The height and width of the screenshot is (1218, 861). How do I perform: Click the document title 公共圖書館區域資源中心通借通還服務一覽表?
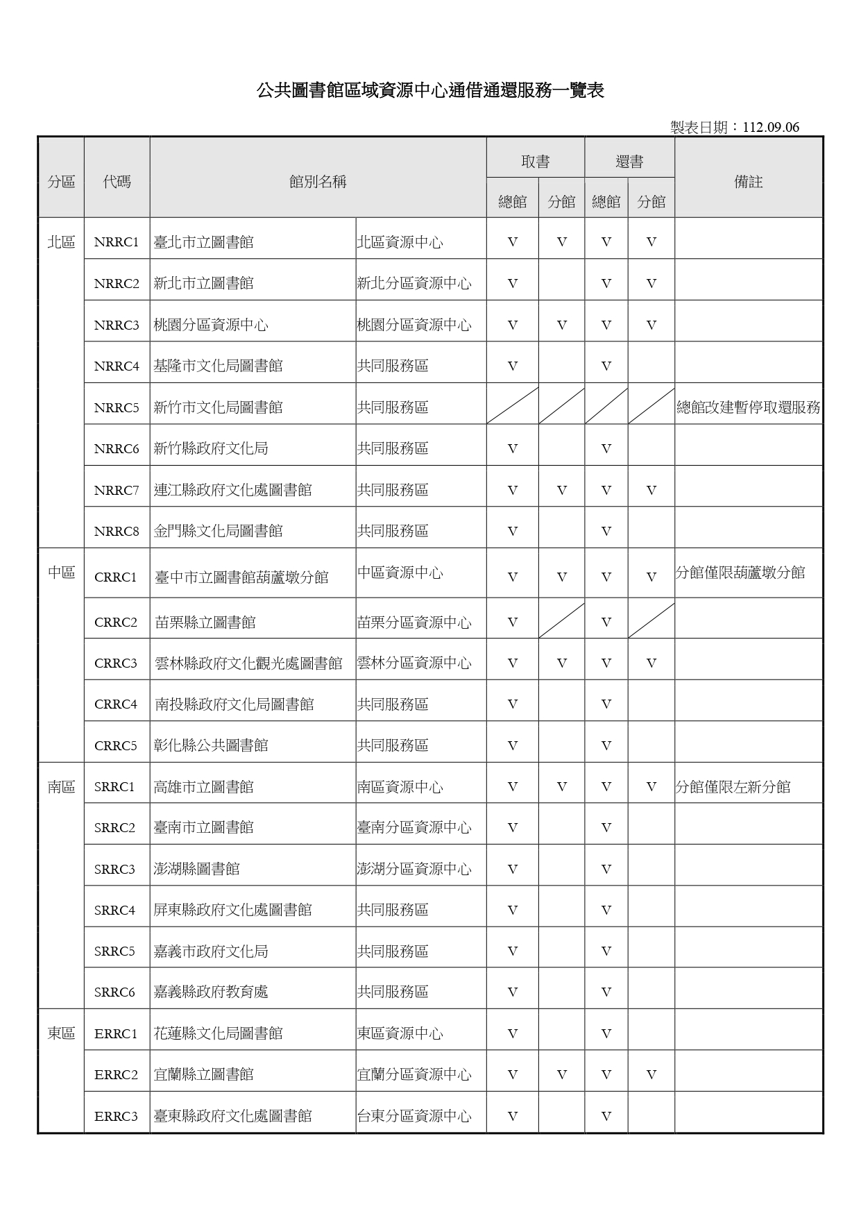click(x=430, y=90)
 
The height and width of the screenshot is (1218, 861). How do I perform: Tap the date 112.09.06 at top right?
click(x=770, y=127)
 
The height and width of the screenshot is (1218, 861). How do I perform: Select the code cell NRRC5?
click(x=117, y=407)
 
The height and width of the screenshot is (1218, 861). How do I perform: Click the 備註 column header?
click(x=748, y=182)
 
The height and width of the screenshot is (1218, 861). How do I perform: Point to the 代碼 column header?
click(x=117, y=182)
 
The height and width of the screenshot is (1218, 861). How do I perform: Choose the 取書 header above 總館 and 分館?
click(x=535, y=162)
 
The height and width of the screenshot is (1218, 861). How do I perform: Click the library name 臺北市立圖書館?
click(x=203, y=242)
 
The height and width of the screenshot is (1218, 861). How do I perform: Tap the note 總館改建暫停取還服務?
click(x=748, y=407)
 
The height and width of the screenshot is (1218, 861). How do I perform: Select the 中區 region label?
click(x=61, y=573)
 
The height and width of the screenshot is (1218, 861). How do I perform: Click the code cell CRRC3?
click(x=116, y=663)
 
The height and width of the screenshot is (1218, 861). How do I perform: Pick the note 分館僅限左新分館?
click(x=733, y=787)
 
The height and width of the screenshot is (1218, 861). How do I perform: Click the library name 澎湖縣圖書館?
click(x=196, y=869)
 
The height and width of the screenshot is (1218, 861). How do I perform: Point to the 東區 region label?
click(x=61, y=1033)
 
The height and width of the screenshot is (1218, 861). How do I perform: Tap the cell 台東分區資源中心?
click(x=414, y=1116)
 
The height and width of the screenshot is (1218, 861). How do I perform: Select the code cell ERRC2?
click(x=116, y=1075)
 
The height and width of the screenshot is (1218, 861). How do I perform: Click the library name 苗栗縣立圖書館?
click(x=205, y=623)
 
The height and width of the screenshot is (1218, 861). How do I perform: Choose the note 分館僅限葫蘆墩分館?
click(x=740, y=573)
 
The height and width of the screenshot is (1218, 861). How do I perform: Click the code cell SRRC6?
click(x=114, y=992)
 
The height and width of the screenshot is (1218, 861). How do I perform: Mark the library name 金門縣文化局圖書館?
click(x=218, y=532)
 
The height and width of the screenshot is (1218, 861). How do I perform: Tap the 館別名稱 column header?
click(x=318, y=182)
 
